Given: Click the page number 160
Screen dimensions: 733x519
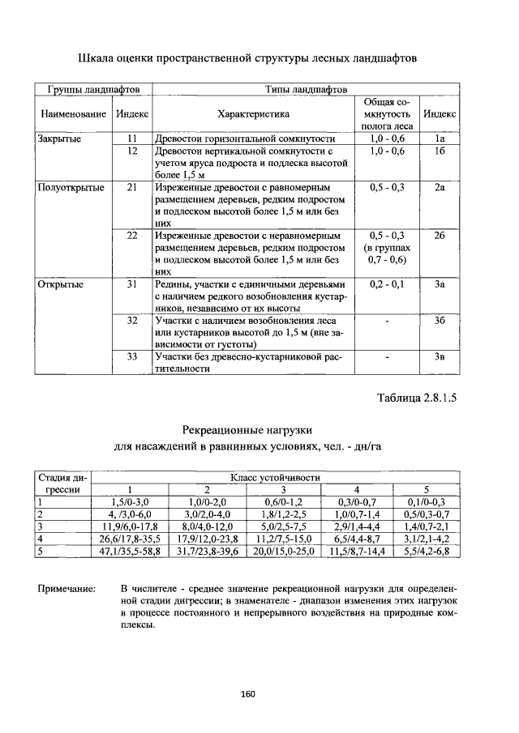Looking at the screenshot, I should pos(248,693).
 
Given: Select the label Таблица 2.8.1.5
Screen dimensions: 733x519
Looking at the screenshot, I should pos(412,398).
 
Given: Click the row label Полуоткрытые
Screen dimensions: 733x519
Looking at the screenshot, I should pos(71,187).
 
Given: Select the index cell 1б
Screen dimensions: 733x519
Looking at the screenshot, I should pos(440,151).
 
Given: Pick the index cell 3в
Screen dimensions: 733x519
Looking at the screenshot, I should pos(440,356).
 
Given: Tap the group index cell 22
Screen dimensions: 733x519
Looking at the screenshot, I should pos(132,236).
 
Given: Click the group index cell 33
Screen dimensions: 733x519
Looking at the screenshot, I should pos(132,356).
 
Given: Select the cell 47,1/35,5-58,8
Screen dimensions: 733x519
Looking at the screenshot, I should pos(130,551).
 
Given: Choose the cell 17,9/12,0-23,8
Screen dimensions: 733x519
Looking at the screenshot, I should pos(206,539).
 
